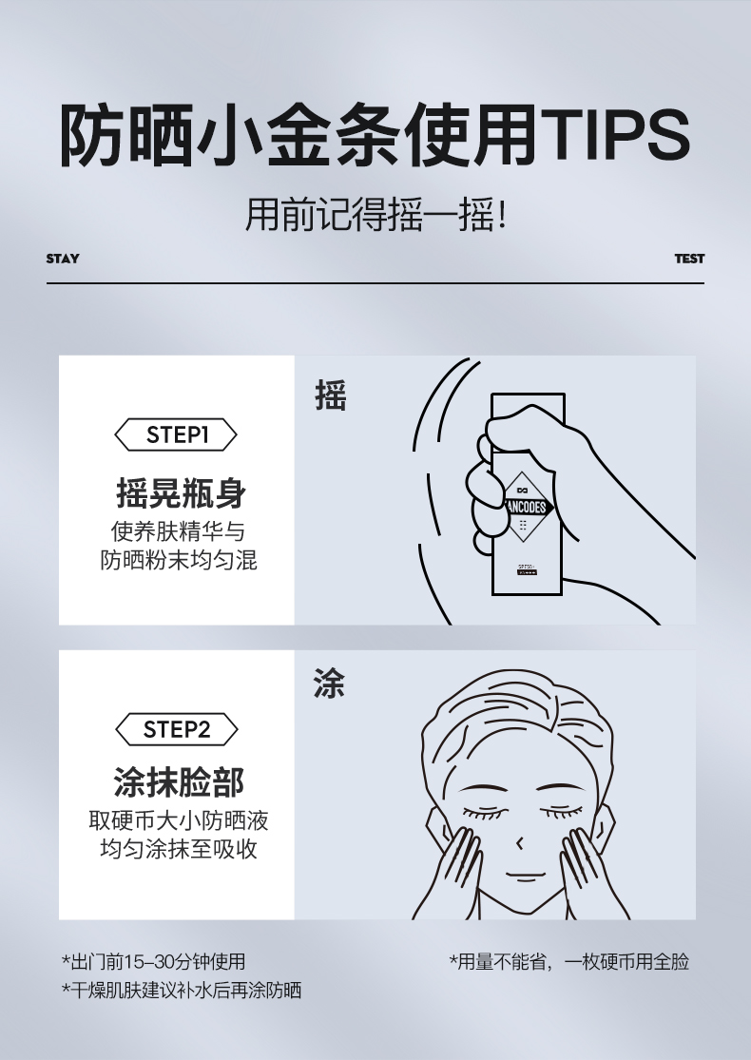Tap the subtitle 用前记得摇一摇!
click(375, 215)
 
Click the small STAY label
click(63, 259)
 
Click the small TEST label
click(689, 259)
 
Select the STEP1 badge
click(177, 435)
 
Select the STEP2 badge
click(177, 729)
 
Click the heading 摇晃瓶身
click(181, 493)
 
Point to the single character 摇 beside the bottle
click(330, 395)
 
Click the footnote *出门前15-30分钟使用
click(153, 961)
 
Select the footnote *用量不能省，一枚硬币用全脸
click(568, 961)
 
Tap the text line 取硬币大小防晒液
click(179, 819)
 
